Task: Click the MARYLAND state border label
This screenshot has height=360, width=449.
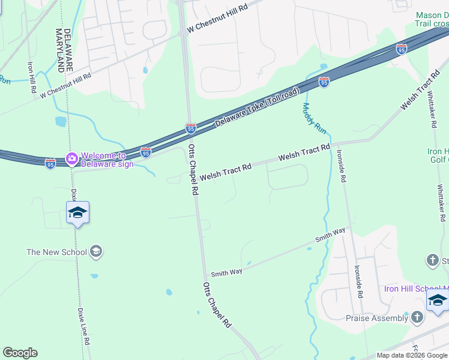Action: (59, 49)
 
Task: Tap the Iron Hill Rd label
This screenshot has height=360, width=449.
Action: (32, 77)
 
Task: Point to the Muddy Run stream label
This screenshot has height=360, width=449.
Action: (314, 118)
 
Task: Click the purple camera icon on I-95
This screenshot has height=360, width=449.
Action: (72, 158)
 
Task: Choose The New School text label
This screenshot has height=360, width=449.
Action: (56, 252)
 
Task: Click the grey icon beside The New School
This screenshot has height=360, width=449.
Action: (96, 252)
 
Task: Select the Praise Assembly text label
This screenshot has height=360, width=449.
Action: (377, 318)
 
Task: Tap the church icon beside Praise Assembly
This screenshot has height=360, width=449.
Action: (418, 316)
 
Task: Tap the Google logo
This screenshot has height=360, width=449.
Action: (20, 353)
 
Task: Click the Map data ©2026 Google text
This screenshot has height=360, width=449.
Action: (412, 355)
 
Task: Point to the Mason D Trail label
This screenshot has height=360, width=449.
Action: (432, 19)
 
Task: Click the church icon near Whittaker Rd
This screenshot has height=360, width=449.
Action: (433, 260)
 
